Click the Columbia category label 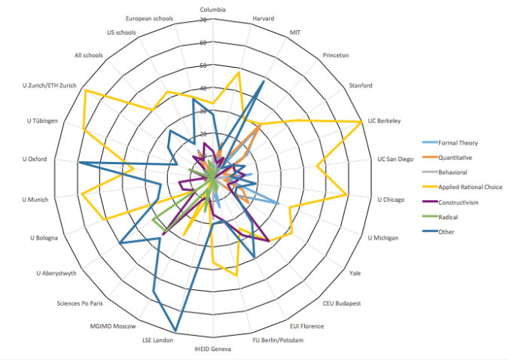(x=213, y=10)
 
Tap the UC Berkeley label (x=383, y=121)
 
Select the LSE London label (x=157, y=340)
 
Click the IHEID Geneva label (x=212, y=349)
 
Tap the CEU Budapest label (x=342, y=303)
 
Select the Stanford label (x=361, y=85)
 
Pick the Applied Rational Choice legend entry (x=471, y=187)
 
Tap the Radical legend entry (x=450, y=217)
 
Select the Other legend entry (x=448, y=231)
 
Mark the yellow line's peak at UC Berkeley (x=363, y=121)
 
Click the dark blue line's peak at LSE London (x=177, y=331)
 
